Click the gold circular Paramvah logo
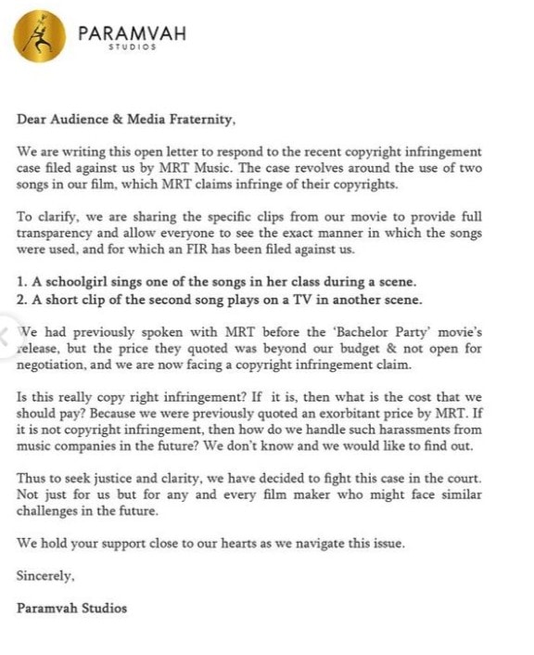click(x=39, y=35)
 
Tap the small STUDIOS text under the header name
click(x=132, y=48)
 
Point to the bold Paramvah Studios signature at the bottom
click(x=71, y=609)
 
